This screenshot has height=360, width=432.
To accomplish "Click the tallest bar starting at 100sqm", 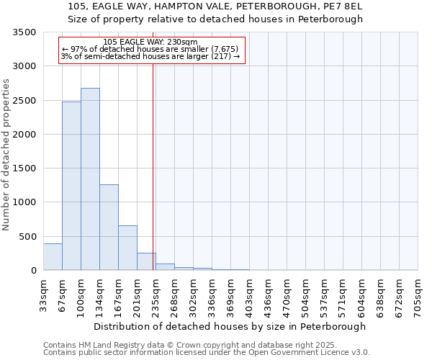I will pos(90,179).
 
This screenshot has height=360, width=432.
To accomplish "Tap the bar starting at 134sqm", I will pos(109,227).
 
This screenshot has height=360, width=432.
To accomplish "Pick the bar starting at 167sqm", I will pos(127,248).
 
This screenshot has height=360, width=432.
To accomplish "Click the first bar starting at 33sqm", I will pos(53,257).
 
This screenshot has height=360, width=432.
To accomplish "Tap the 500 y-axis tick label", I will pos(27,236).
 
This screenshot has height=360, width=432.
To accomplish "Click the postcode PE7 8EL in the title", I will pos(342,6).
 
